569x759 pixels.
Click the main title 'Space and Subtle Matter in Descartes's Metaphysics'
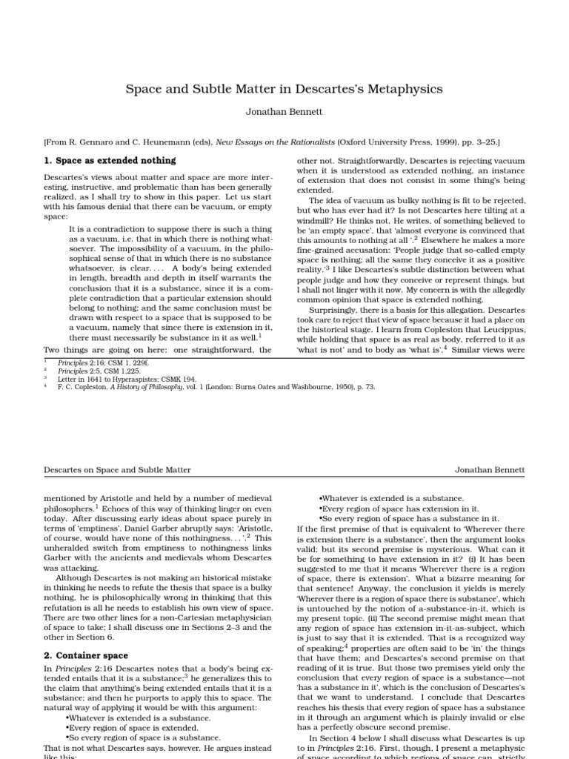284,89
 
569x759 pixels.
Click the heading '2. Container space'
85,655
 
